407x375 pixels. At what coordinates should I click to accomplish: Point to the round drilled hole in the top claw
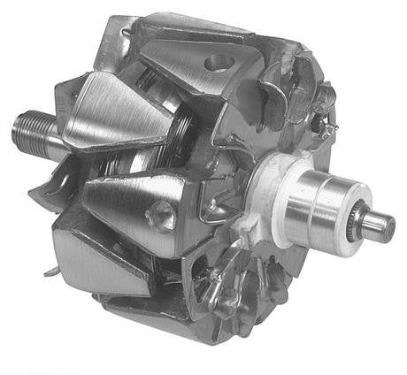click(x=217, y=63)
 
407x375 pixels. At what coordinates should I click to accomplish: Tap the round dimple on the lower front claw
click(x=161, y=211)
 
